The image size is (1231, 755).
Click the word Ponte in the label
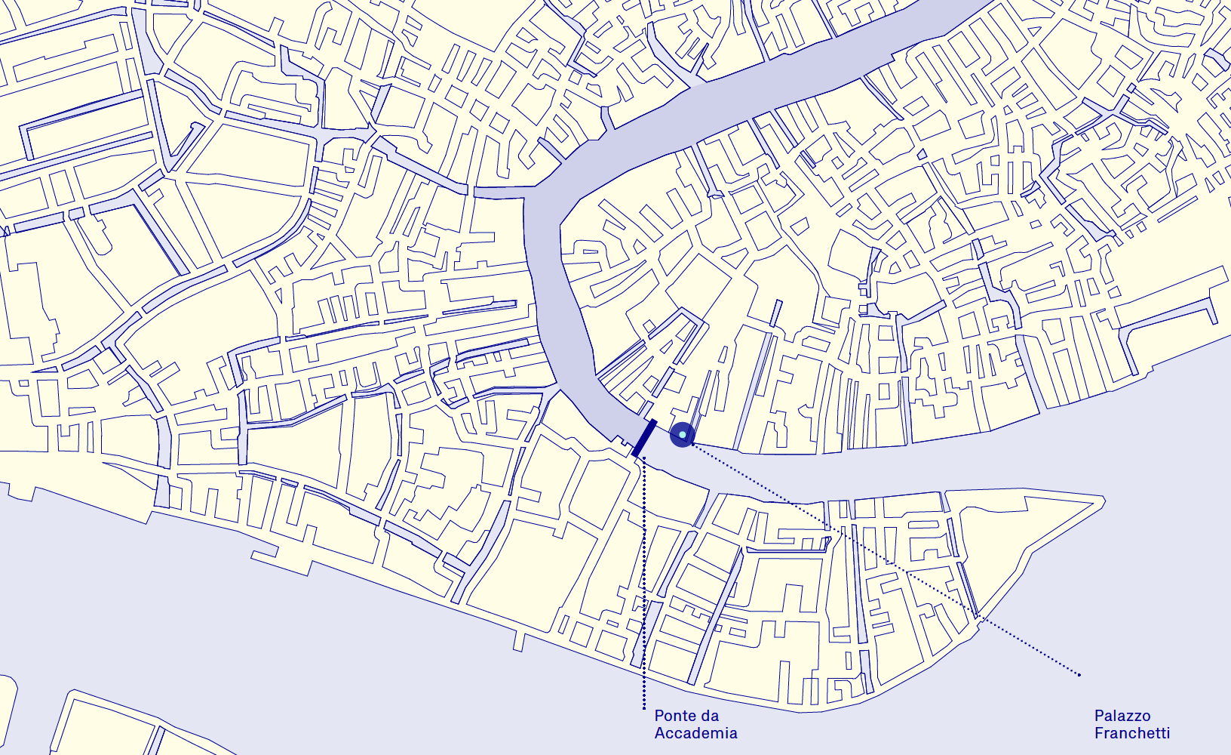[x=675, y=716]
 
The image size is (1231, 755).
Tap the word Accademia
[x=695, y=733]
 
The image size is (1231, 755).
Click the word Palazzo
[x=1122, y=716]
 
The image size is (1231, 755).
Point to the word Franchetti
[x=1131, y=733]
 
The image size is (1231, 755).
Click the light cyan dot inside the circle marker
[x=682, y=435]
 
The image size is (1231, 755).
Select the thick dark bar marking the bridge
[x=644, y=438]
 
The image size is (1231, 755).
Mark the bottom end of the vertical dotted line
[x=644, y=708]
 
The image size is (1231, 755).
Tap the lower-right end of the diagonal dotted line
[x=1079, y=674]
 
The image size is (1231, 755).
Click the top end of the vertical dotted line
[x=644, y=458]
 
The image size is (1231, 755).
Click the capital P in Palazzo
[x=1099, y=716]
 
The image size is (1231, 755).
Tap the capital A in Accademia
[x=660, y=733]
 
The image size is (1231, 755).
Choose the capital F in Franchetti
[x=1099, y=733]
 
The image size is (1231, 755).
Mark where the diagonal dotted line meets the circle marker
[x=691, y=443]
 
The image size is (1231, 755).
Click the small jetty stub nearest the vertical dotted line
[x=519, y=641]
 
